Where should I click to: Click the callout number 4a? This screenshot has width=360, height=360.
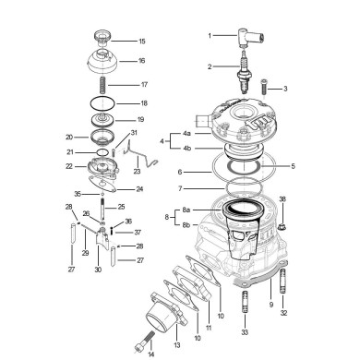point(187,134)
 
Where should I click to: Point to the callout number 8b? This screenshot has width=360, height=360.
point(186,225)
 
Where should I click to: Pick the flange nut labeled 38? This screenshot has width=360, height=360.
point(282,227)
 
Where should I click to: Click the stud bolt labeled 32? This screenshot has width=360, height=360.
point(283,282)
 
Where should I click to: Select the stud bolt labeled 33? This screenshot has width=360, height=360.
point(245,302)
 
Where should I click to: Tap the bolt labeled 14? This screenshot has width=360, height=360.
point(145,341)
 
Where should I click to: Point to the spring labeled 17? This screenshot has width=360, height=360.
point(102,86)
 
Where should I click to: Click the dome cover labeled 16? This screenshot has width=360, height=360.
point(102,61)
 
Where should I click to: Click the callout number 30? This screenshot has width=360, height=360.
point(98,270)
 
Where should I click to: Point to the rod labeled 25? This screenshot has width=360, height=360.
point(102,209)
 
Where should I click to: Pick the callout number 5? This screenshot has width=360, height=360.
point(293,166)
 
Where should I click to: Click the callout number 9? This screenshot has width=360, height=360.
point(271,305)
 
